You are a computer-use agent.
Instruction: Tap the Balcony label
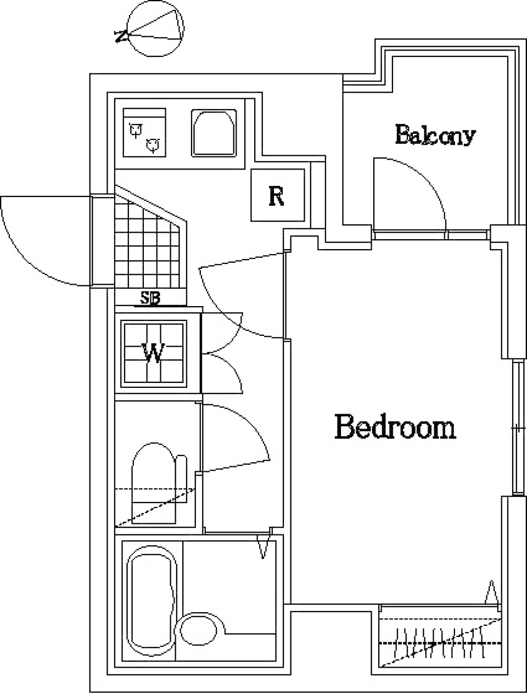coord(435,135)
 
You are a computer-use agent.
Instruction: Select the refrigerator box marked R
coord(277,195)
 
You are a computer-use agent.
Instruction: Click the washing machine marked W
coord(154,353)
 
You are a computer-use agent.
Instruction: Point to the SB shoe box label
coord(150,297)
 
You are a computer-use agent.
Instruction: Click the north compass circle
coord(155,29)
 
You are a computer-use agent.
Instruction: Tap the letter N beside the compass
coord(121,36)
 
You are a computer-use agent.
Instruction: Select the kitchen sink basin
coord(214,133)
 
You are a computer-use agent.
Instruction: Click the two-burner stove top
coord(144,132)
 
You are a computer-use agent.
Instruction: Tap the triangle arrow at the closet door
coord(492,591)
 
